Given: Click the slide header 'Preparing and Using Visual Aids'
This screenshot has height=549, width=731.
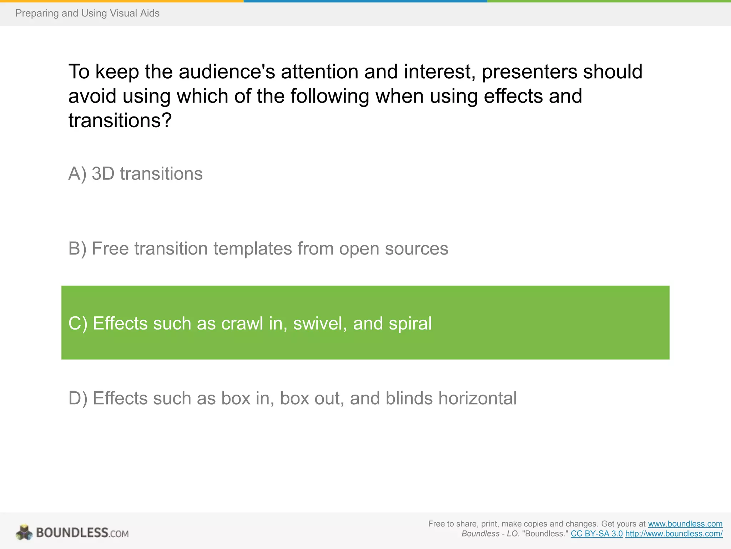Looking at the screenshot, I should tap(87, 13).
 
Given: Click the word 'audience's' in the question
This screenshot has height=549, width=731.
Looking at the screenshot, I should tap(227, 71).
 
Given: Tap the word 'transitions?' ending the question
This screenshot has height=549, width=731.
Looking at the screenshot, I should tap(120, 120).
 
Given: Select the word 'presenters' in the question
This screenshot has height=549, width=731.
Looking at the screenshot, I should tap(529, 71).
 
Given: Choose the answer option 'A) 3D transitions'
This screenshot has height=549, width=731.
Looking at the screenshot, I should tap(135, 174).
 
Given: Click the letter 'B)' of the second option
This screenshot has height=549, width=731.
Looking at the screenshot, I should tap(77, 249).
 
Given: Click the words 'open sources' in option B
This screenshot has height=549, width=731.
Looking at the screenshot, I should tap(393, 249).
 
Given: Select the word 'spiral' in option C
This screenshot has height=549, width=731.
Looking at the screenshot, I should tap(410, 323).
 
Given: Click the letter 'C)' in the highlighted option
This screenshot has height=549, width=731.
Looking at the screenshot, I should tap(77, 323).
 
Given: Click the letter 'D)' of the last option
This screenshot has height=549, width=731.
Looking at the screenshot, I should tap(77, 398).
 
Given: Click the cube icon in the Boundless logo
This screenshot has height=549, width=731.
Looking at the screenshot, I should tap(24, 533).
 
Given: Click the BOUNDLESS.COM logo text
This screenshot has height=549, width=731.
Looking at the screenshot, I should tap(82, 533).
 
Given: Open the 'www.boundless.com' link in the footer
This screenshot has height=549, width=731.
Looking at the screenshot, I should tap(685, 524).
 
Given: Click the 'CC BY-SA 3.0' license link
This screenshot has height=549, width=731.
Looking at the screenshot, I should tap(596, 534).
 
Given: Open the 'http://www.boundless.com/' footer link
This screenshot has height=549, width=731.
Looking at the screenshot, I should tap(674, 534).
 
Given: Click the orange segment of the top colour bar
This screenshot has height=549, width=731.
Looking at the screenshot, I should tap(121, 1).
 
